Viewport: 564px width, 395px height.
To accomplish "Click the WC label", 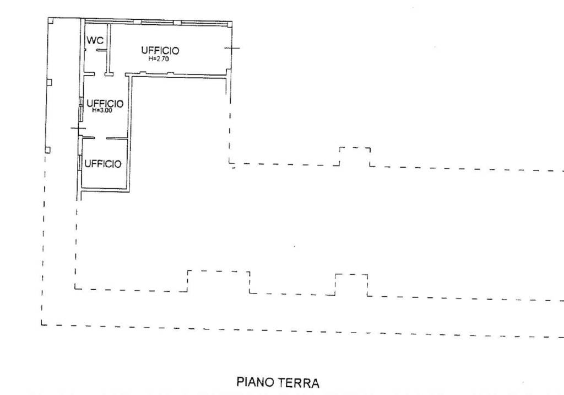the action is coord(95,40).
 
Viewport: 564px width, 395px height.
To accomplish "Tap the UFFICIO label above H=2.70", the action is coord(160,50).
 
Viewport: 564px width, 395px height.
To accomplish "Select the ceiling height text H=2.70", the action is coord(159,58).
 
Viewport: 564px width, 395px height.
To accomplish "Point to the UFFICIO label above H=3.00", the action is coord(105,104).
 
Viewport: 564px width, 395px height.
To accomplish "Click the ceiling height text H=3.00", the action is coord(102,111).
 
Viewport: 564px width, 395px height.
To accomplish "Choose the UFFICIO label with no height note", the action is coord(103,164).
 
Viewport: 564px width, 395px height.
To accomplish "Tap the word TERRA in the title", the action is coord(300,382).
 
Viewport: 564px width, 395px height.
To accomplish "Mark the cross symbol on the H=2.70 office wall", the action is coord(232,47).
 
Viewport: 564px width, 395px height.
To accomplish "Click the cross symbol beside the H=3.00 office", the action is coord(78,129).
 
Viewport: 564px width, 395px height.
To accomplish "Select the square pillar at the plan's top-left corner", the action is coord(51,20).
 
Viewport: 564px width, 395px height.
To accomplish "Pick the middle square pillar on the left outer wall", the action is coord(49,82).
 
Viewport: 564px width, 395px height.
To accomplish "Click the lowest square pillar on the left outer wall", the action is coord(47,150).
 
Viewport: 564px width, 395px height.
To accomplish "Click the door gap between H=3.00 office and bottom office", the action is coord(101,138).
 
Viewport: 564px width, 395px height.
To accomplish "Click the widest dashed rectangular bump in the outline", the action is coord(219,271).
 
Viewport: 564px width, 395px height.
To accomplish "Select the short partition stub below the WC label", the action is coord(101,50).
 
